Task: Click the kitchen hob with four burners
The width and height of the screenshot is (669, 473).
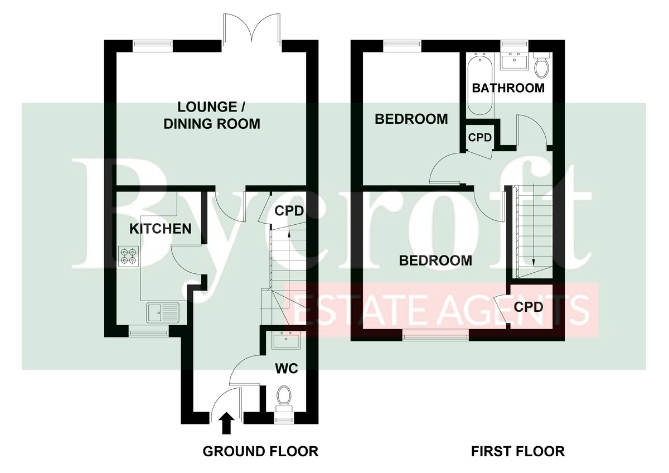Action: click(129, 256)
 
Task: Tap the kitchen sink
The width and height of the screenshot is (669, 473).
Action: click(163, 312)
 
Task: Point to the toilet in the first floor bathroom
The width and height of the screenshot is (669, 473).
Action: click(542, 65)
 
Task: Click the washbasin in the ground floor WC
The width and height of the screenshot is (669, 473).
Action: click(286, 340)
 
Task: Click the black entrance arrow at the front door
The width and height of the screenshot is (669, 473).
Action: click(227, 423)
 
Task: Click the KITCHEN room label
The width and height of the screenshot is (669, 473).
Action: click(161, 229)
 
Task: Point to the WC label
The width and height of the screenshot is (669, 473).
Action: click(287, 369)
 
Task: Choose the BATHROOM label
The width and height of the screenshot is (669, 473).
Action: click(508, 88)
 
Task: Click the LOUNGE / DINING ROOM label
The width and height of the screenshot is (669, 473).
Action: click(212, 115)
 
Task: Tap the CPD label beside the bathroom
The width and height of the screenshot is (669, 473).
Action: click(480, 137)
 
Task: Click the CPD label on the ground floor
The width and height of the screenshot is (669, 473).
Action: click(289, 211)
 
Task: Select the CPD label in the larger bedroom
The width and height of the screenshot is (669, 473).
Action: click(529, 307)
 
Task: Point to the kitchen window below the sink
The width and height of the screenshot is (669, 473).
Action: click(148, 332)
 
